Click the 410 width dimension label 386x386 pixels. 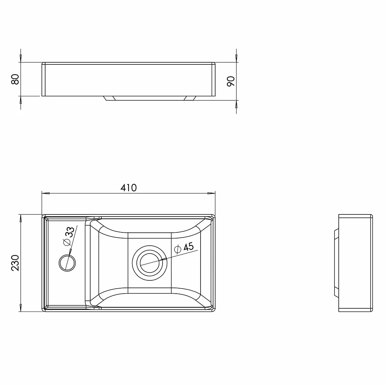pos(129,188)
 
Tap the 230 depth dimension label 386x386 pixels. pos(15,263)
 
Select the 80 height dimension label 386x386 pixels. pos(15,79)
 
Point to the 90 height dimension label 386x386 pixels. pos(231,81)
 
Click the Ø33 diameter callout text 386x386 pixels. pos(69,236)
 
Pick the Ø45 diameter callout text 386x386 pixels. pos(184,248)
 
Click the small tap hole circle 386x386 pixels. pos(67,263)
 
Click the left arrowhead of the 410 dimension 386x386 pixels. pos(46,193)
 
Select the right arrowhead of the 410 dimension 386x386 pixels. pos(211,193)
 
